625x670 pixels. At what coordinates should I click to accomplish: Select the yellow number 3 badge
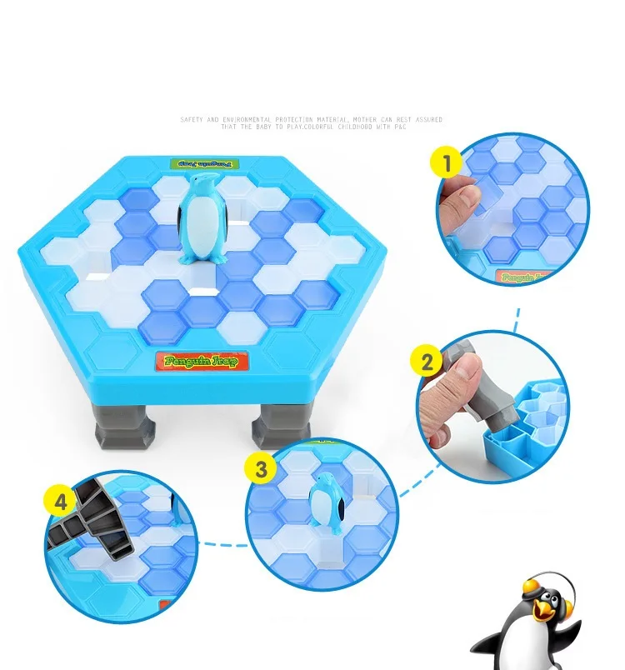point(261,468)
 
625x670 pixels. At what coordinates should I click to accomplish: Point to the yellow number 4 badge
point(61,502)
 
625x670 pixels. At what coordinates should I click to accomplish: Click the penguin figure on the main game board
point(201,221)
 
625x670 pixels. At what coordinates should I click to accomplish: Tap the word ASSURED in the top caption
point(427,120)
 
